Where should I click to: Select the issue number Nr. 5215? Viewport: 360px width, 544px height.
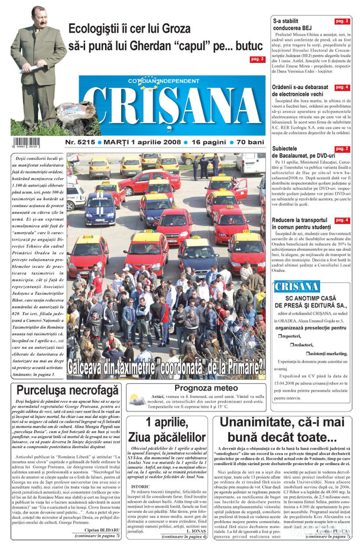pyautogui.click(x=80, y=143)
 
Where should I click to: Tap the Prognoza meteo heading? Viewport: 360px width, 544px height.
pyautogui.click(x=206, y=388)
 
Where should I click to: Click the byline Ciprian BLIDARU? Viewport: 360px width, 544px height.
pyautogui.click(x=102, y=530)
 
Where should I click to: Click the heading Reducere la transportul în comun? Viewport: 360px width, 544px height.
pyautogui.click(x=301, y=223)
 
